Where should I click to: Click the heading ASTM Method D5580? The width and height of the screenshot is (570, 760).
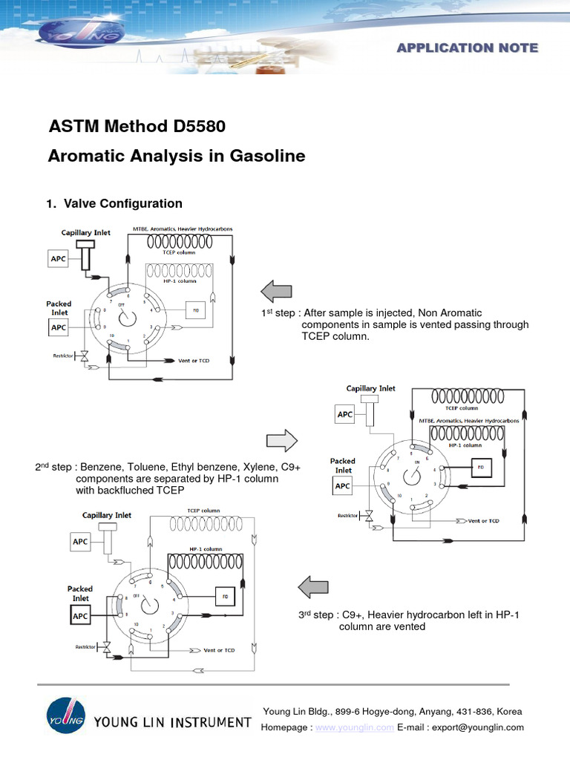137,126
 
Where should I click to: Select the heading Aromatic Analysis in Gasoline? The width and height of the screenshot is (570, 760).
177,157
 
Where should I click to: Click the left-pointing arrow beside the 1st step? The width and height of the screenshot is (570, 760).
277,291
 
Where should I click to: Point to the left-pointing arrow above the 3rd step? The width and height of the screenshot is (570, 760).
313,586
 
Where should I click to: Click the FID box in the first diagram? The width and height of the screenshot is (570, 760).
196,310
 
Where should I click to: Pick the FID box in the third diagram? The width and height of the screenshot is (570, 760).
225,596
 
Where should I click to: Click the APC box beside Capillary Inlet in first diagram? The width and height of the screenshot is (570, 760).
58,258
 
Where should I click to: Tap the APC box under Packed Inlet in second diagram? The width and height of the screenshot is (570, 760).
343,486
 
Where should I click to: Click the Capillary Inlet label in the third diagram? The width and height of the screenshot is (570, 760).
107,515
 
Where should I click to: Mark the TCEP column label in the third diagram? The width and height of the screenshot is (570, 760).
203,511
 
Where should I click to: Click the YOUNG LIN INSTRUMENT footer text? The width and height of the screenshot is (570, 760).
172,722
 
